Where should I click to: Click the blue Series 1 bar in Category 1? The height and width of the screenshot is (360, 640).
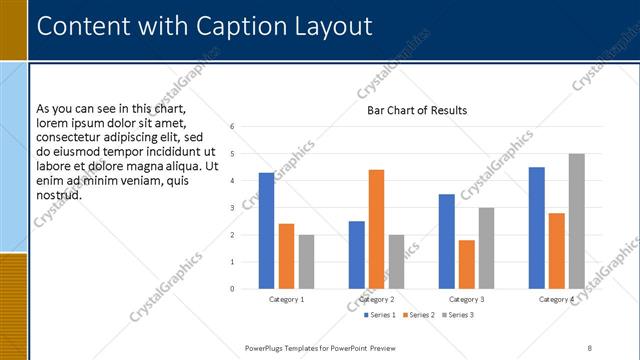[x=266, y=231]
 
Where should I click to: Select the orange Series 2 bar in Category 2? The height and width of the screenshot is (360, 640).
[x=376, y=229]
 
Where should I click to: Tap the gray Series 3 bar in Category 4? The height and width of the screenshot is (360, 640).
[x=576, y=221]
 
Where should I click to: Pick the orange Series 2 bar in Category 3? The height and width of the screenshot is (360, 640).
[x=466, y=264]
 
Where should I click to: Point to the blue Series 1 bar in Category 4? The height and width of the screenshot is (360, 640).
[x=537, y=228]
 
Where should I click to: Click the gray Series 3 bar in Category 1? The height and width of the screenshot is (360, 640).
[x=306, y=262]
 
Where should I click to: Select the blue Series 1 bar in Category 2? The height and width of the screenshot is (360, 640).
[x=357, y=255]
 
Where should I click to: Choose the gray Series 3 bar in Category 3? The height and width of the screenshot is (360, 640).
[x=486, y=248]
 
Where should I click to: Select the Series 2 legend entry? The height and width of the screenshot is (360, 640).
[x=418, y=315]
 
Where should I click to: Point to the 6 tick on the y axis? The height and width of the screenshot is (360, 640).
[x=232, y=127]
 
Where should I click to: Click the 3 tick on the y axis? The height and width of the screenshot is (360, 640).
[x=232, y=208]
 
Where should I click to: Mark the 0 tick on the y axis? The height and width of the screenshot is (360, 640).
[x=232, y=289]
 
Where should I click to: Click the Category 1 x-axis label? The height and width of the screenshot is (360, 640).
[x=287, y=299]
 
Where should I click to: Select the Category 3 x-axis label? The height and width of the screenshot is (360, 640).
[x=467, y=299]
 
